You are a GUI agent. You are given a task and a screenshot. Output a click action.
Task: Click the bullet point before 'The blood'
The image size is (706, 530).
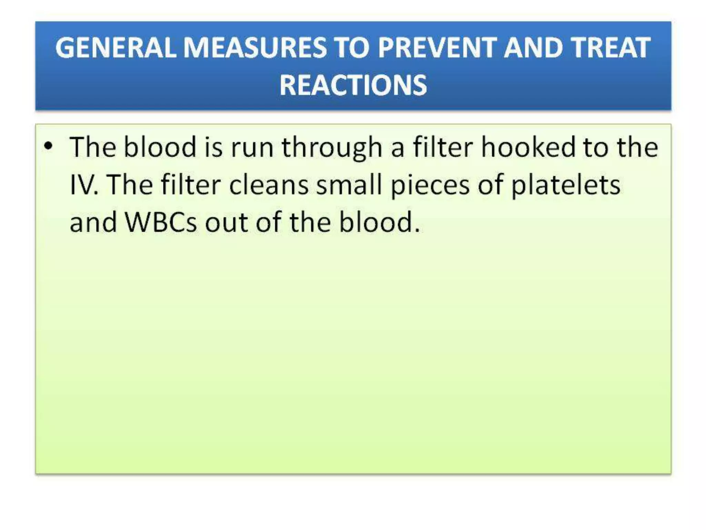(49, 146)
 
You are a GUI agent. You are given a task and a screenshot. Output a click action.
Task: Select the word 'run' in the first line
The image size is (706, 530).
(252, 148)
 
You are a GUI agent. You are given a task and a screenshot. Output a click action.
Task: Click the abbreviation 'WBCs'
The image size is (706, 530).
(161, 222)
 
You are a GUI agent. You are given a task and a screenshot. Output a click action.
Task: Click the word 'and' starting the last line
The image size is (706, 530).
(93, 222)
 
